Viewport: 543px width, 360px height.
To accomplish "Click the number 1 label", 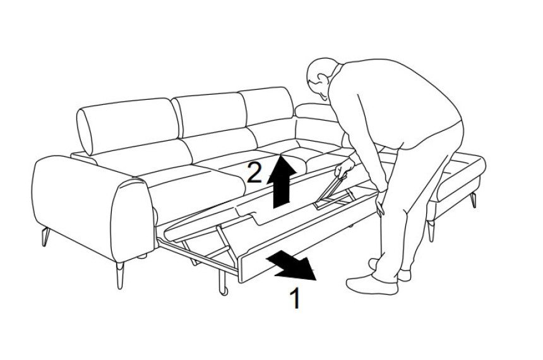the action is pos(295,297).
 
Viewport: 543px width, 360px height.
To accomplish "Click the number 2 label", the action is pos(254,172).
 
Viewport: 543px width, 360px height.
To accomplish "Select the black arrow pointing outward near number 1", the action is pos(292,265).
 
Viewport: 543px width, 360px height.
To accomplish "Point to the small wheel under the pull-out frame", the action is pos(224,291).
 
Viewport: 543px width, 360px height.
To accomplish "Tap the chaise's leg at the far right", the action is pos(474,200).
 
